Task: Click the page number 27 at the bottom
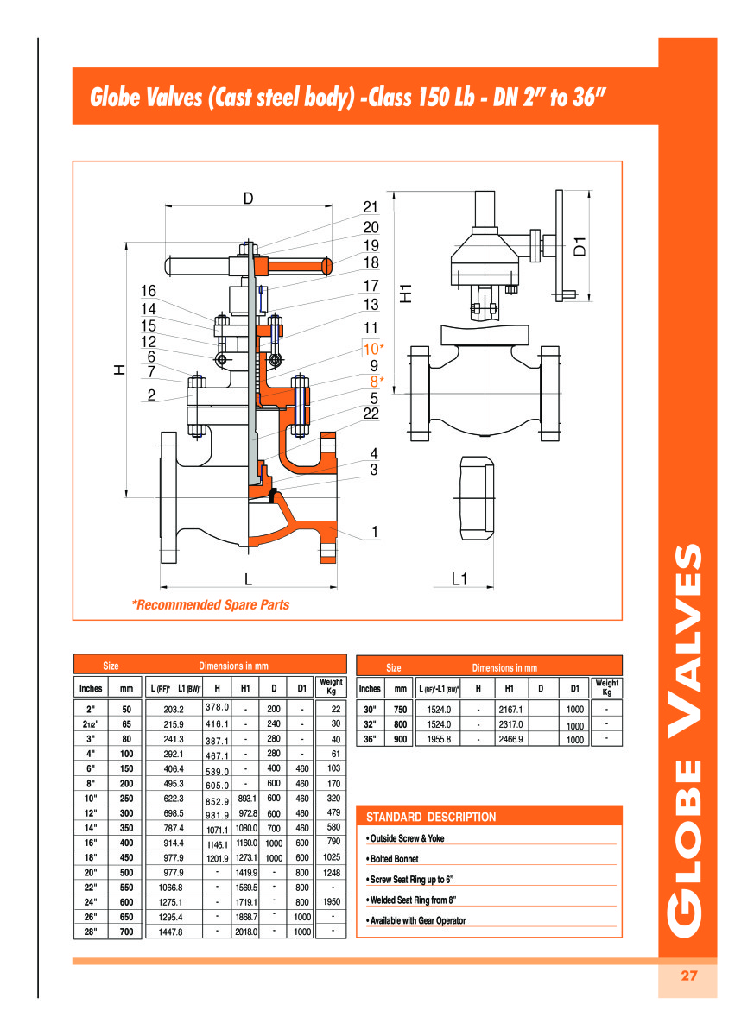[x=687, y=976]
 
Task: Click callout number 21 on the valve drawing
[x=371, y=207]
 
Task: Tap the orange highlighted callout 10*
[x=372, y=349]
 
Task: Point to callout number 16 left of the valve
[x=149, y=291]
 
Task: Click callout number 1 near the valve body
[x=374, y=532]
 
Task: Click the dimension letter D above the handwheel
[x=248, y=199]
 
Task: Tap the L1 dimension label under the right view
[x=460, y=579]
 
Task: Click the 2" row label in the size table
[x=91, y=709]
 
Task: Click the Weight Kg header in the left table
[x=331, y=687]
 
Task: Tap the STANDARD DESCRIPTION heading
[x=431, y=817]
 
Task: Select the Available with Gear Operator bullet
[x=417, y=920]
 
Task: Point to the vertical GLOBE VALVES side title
[x=687, y=742]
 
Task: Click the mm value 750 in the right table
[x=400, y=709]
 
